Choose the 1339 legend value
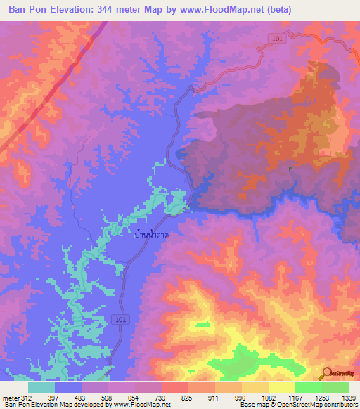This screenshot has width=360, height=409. [x=348, y=398]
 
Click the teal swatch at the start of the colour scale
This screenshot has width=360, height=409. [x=41, y=387]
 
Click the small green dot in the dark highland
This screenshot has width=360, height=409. [x=290, y=168]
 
